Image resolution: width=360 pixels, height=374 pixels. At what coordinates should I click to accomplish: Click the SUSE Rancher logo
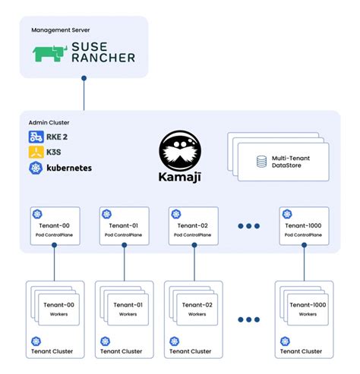(x=84, y=54)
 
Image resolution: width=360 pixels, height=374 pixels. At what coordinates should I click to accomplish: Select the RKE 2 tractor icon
(x=35, y=137)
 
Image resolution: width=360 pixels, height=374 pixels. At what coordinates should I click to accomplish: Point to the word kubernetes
(x=69, y=167)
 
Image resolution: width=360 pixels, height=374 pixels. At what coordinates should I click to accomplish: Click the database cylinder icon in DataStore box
(x=261, y=160)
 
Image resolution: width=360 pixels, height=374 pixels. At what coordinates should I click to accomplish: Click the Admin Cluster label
(x=49, y=121)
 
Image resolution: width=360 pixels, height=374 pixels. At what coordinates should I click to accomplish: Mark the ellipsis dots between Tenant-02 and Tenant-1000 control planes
(x=248, y=225)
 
